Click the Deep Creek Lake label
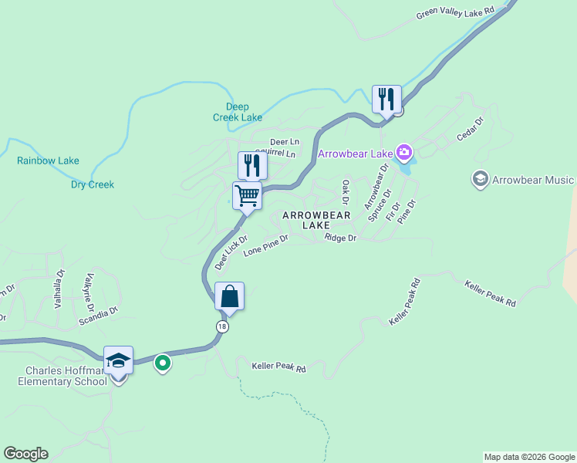238,112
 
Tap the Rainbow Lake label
48,161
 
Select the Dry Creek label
93,184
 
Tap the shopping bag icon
230,296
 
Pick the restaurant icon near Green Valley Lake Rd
386,99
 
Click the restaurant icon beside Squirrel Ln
252,164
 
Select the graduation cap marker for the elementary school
118,360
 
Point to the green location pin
162,361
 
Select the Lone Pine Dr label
265,246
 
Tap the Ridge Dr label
340,238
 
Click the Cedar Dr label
469,128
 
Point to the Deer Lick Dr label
231,252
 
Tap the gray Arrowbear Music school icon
480,180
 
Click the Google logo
25,453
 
